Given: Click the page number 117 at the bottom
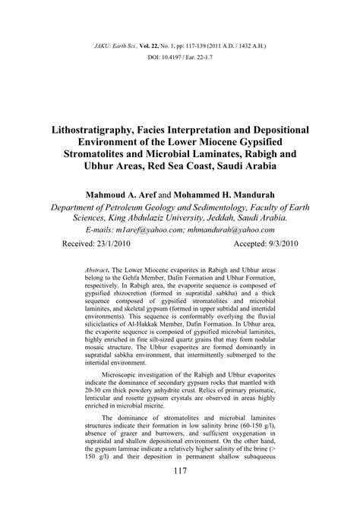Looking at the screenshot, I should pyautogui.click(x=180, y=493).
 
